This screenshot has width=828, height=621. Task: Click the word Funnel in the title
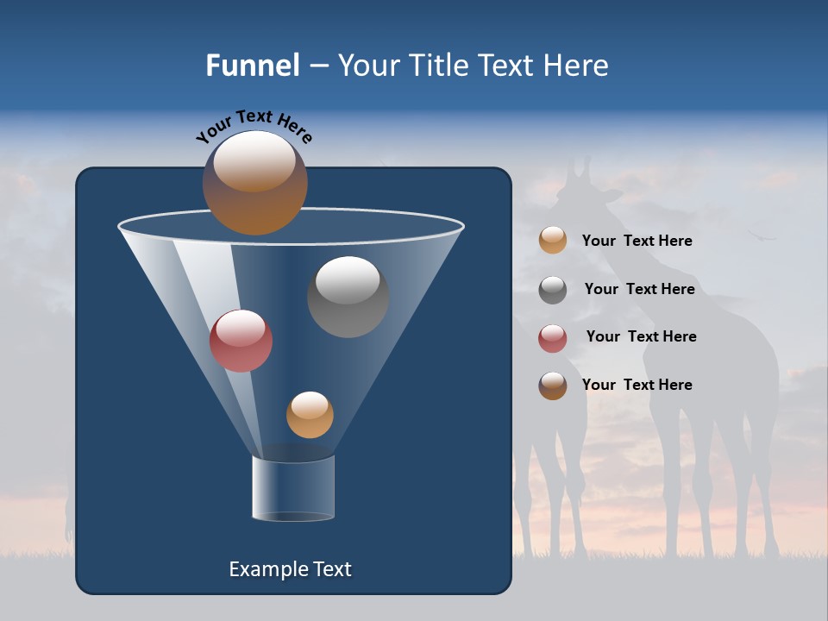point(252,66)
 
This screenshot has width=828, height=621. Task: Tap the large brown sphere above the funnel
point(254,183)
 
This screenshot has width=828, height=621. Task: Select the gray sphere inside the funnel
point(348,297)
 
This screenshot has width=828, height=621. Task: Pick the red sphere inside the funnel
point(241,341)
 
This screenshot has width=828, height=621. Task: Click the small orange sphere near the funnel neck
point(310,415)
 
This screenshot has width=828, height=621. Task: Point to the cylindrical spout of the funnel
point(293,488)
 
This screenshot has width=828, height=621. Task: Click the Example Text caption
point(290,569)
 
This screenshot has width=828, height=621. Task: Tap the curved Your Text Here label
point(254,126)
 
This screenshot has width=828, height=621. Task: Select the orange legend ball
point(553,240)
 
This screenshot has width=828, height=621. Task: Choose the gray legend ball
point(553,289)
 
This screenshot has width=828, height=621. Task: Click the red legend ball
point(553,337)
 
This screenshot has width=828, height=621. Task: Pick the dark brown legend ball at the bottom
point(553,386)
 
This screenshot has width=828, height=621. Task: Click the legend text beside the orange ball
point(637,241)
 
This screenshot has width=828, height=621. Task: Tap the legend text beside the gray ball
point(639,289)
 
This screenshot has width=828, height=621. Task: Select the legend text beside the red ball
point(641,336)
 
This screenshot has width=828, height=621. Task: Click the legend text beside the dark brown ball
point(637,385)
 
